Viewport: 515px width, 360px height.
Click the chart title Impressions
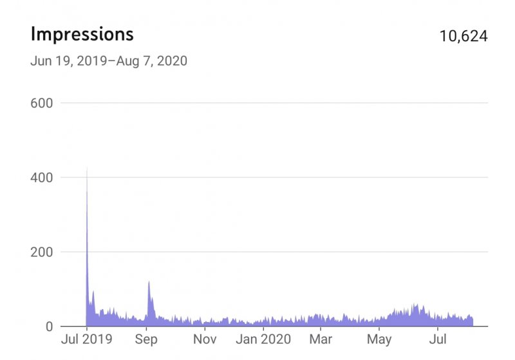82,33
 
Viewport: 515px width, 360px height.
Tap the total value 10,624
464,35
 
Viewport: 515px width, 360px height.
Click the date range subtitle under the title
108,62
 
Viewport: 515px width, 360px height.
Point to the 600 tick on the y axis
42,103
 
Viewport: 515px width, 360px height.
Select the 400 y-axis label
42,177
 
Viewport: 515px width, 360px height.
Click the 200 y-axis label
42,252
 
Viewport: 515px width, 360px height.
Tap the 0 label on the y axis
48,327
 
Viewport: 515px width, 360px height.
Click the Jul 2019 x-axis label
86,339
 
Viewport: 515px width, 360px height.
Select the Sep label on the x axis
147,339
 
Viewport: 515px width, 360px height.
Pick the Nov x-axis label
205,339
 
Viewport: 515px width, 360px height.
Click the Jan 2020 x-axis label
263,339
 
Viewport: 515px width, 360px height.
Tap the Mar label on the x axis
320,339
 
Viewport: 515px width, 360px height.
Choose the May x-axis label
379,339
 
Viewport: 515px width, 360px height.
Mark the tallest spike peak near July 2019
87,169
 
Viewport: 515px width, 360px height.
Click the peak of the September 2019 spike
149,281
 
